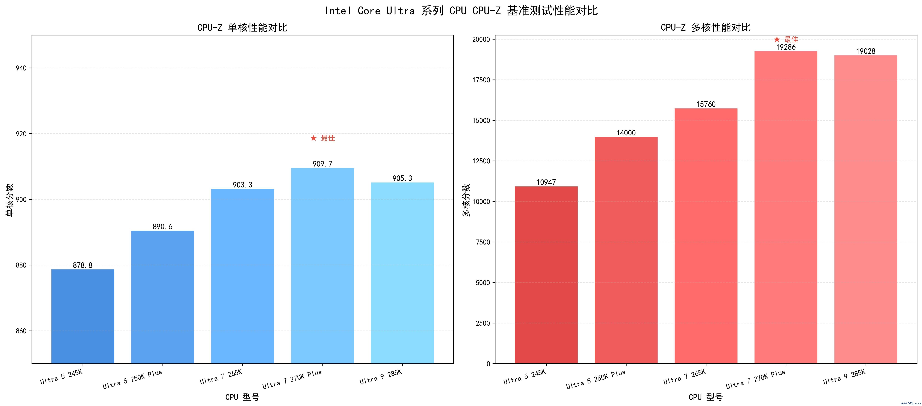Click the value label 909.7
(322, 164)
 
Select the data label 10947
(546, 182)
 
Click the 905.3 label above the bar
(402, 178)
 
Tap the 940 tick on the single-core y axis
(21, 68)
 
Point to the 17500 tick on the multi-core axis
(481, 80)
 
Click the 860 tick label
(21, 331)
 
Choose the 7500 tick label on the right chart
(483, 242)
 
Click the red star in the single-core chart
(314, 138)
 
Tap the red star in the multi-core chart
(777, 39)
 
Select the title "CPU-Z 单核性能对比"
(242, 27)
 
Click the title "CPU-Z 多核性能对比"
(706, 27)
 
